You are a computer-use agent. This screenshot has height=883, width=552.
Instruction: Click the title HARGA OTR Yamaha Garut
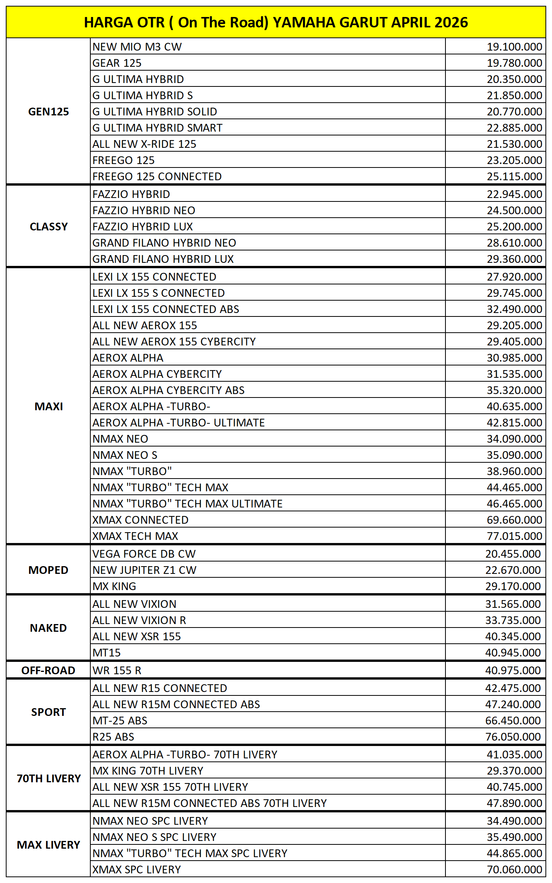pyautogui.click(x=276, y=22)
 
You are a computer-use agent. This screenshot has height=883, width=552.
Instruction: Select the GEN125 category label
pyautogui.click(x=49, y=112)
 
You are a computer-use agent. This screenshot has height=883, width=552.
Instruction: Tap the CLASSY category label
pyautogui.click(x=49, y=227)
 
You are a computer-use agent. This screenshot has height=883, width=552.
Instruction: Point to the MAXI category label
pyautogui.click(x=49, y=406)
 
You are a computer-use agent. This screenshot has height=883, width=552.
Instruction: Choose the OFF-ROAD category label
pyautogui.click(x=48, y=670)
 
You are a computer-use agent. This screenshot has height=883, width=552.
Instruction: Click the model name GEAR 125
pyautogui.click(x=117, y=63)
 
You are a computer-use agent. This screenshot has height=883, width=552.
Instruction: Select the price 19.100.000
pyautogui.click(x=514, y=47)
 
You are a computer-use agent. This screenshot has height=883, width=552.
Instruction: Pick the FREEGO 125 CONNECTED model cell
pyautogui.click(x=157, y=176)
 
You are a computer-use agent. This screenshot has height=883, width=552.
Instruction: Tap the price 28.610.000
pyautogui.click(x=514, y=243)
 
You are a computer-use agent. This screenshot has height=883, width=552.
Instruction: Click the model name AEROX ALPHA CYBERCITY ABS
pyautogui.click(x=168, y=390)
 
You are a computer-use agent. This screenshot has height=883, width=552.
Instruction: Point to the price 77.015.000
pyautogui.click(x=514, y=536)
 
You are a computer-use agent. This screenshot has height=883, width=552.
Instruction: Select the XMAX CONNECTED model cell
pyautogui.click(x=140, y=520)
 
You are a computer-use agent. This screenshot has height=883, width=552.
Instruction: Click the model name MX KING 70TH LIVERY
pyautogui.click(x=147, y=771)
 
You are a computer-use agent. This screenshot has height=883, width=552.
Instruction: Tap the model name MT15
pyautogui.click(x=107, y=653)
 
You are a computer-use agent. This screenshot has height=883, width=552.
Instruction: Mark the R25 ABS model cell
pyautogui.click(x=113, y=737)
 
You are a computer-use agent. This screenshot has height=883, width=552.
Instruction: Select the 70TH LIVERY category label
pyautogui.click(x=49, y=778)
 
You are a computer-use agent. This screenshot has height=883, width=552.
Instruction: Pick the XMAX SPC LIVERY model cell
pyautogui.click(x=136, y=869)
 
